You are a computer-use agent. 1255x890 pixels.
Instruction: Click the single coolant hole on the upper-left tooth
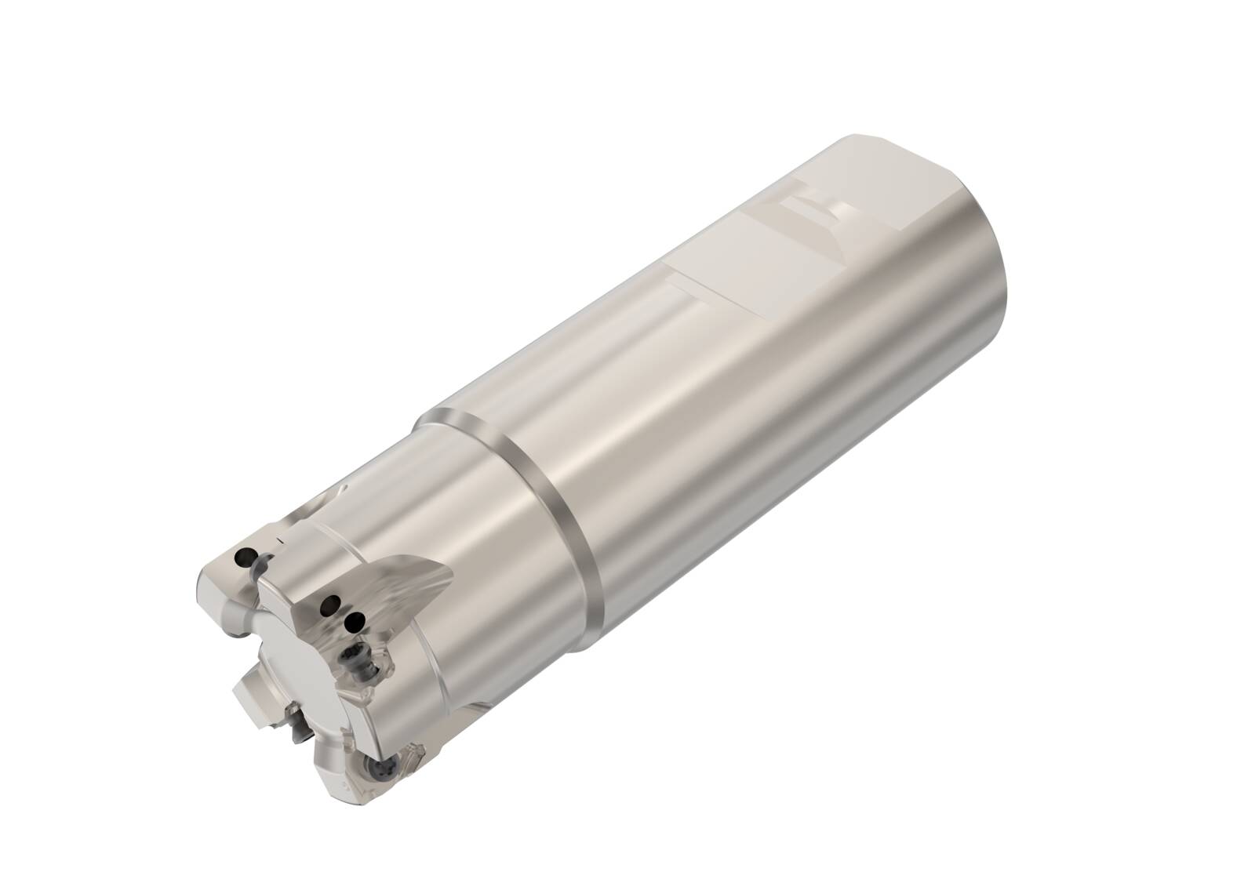coord(242,558)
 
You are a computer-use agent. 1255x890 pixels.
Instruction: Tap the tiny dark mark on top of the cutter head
coord(280,540)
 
